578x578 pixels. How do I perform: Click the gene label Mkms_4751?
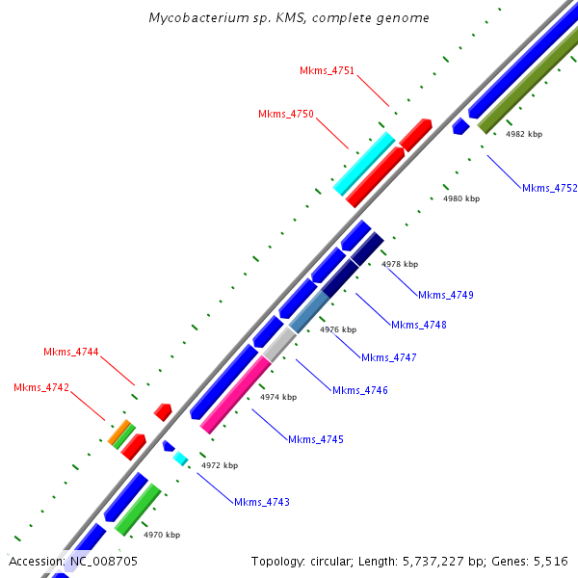(x=327, y=71)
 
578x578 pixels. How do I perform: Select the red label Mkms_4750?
(x=286, y=115)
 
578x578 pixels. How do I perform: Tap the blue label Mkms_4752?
(x=549, y=189)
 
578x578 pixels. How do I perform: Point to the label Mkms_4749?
(x=446, y=295)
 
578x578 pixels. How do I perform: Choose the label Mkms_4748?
(x=419, y=326)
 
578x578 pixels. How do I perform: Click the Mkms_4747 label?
(x=388, y=358)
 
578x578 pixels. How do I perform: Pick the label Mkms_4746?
(x=360, y=391)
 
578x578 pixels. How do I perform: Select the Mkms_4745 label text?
(x=316, y=440)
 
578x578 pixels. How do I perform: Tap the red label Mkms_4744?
(x=71, y=353)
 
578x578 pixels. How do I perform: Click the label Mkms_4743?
(x=262, y=503)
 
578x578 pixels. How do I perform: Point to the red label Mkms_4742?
(x=41, y=388)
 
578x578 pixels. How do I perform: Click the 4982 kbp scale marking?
(x=524, y=135)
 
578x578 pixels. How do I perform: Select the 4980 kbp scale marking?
(x=460, y=199)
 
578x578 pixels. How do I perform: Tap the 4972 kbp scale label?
(x=219, y=465)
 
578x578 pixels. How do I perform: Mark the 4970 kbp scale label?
(x=162, y=535)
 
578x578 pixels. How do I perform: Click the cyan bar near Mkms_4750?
(x=364, y=163)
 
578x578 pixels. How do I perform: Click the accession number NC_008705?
(x=103, y=561)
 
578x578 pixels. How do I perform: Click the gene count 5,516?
(x=551, y=561)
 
